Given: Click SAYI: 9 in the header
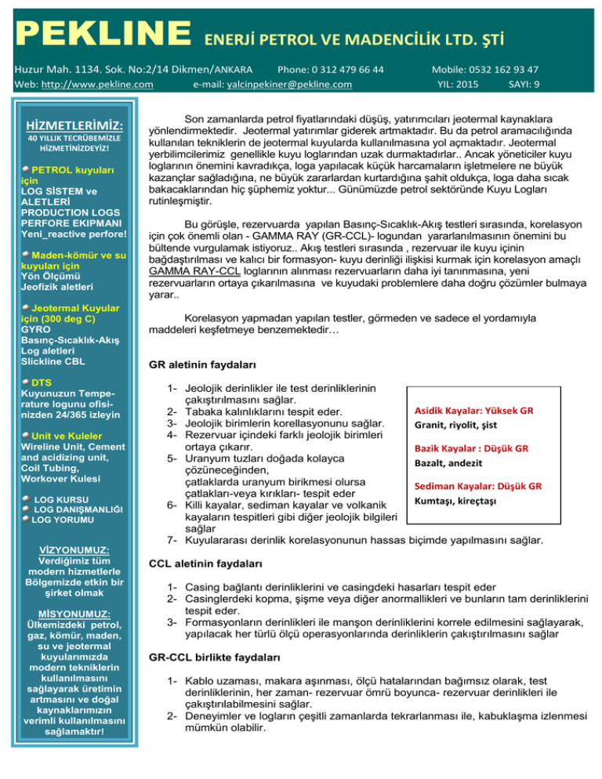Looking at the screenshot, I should (524, 84).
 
